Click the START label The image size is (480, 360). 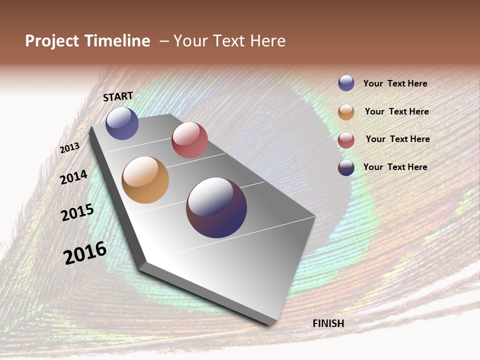coord(118,96)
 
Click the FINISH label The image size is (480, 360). coord(328,323)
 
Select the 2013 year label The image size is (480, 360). coord(69,148)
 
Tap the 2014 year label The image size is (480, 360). coord(73,177)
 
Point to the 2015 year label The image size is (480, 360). coord(77,212)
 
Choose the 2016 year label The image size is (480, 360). coord(85,253)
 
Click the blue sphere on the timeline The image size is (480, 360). coord(122,123)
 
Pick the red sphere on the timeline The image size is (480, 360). coord(189,140)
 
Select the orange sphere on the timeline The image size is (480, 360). coord(145,180)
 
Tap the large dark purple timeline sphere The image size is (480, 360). coord(216,207)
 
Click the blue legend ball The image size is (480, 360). coord(346,83)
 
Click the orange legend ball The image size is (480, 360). coord(346,112)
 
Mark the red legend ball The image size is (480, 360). coord(346,140)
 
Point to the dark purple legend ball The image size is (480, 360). coord(346,167)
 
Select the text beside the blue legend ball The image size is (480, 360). coord(395,83)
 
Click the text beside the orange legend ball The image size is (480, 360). coord(396,111)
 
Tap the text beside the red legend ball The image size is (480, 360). coord(397,139)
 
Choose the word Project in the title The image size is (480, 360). coord(51,41)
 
